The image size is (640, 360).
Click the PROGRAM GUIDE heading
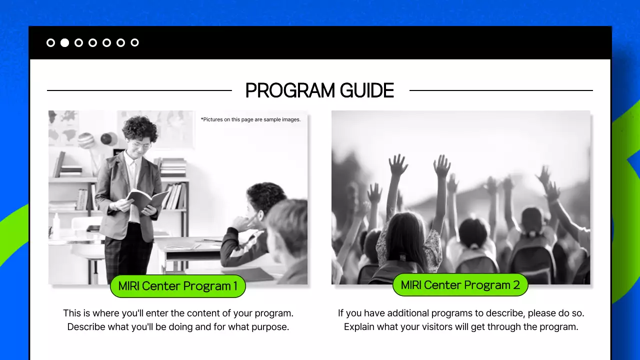click(x=319, y=90)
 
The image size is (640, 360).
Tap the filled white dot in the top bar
click(x=64, y=42)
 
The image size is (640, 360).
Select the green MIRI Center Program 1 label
click(x=177, y=286)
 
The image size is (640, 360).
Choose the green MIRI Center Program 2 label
click(x=460, y=285)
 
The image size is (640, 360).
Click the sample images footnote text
click(x=250, y=119)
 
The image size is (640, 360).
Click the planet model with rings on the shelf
click(x=86, y=140)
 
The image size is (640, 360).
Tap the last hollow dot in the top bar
click(x=134, y=42)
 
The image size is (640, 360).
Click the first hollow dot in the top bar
click(x=50, y=42)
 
